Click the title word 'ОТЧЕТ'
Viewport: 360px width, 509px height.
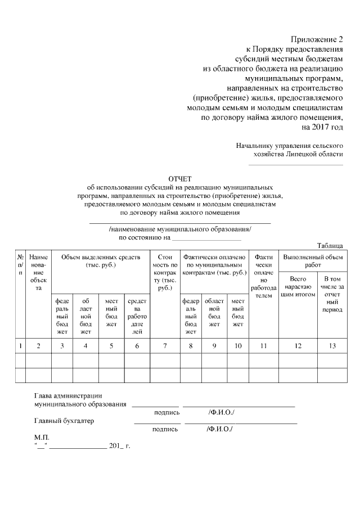click(180, 178)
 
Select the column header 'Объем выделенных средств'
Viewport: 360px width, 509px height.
click(100, 261)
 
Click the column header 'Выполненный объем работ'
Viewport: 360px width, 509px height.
click(312, 261)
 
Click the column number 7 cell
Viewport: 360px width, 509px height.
click(165, 345)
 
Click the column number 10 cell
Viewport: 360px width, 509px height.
click(238, 345)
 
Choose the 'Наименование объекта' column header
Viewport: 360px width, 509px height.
click(38, 272)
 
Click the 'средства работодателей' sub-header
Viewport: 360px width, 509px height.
click(137, 316)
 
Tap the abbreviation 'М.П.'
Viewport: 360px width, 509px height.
click(42, 437)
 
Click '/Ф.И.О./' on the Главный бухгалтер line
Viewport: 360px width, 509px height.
click(220, 429)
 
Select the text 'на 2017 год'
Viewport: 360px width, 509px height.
click(322, 127)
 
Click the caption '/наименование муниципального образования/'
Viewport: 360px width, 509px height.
click(180, 229)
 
